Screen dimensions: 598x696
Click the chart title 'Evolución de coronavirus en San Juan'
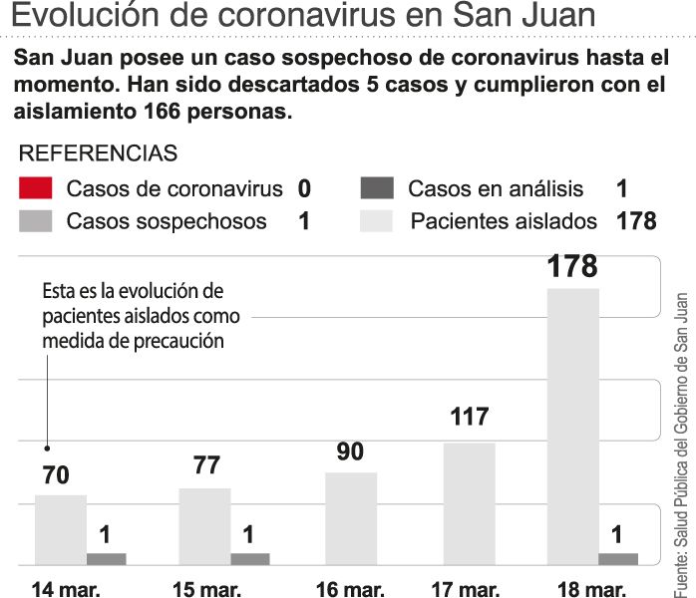point(304,17)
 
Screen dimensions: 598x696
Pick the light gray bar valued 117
point(469,503)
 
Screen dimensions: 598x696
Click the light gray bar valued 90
point(351,518)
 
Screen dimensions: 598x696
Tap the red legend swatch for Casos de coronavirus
point(35,188)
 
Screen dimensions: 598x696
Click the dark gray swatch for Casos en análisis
point(376,188)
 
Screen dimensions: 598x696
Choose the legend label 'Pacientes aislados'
point(504,221)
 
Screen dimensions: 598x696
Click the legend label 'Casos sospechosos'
point(167,221)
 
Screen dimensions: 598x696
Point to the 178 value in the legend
point(636,221)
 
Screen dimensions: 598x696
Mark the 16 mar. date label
point(350,588)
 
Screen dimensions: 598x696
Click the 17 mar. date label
point(466,588)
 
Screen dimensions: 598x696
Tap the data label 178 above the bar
point(572,267)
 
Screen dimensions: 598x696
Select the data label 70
point(56,475)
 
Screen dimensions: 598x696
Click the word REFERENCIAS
point(99,153)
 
